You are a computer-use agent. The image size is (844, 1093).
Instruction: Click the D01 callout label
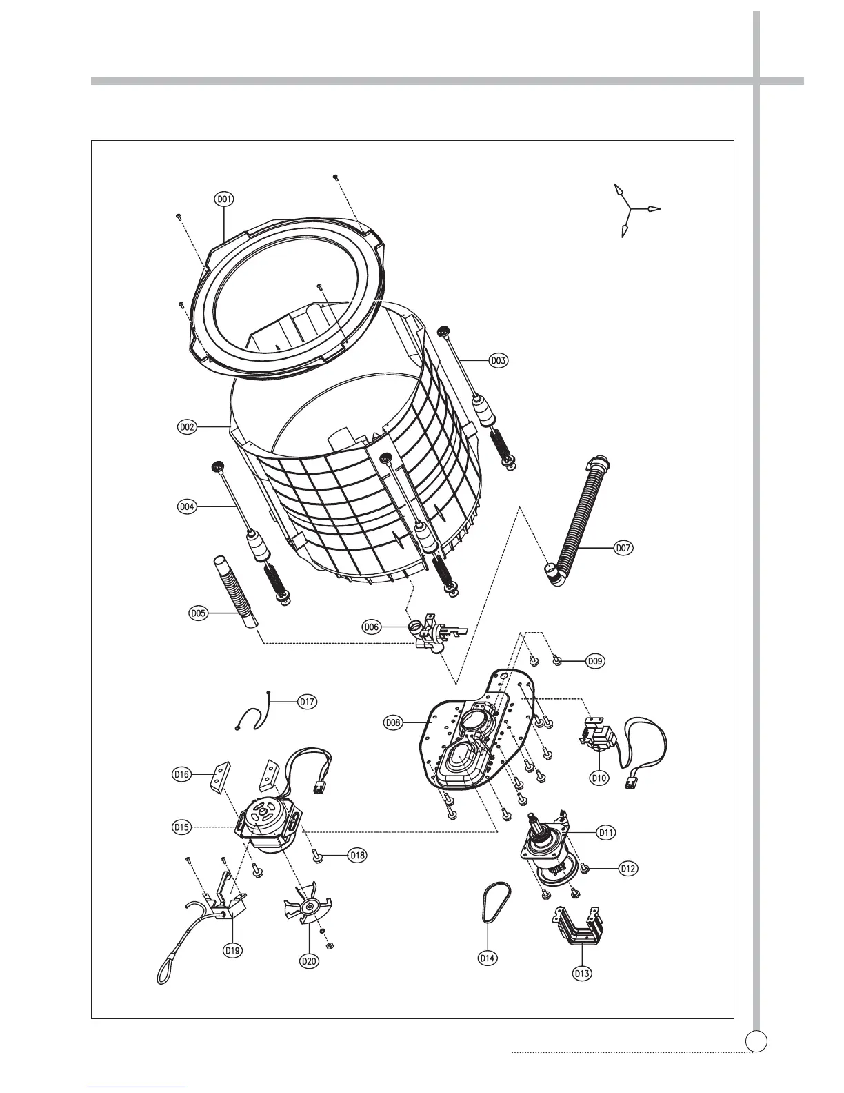(x=223, y=199)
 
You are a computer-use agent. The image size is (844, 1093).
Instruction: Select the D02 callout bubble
(x=187, y=427)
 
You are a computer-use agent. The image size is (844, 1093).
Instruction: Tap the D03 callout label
(x=499, y=360)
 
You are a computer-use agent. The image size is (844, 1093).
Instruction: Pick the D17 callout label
(x=307, y=702)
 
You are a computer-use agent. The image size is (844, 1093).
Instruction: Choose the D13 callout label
(x=583, y=974)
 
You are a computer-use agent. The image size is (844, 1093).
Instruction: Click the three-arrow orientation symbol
(x=632, y=208)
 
